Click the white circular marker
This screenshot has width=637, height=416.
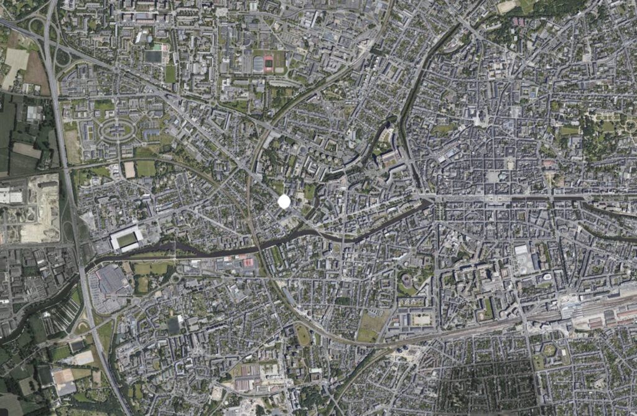284,201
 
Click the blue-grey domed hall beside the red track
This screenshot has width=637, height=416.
258,63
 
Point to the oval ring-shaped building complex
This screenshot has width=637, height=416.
118,130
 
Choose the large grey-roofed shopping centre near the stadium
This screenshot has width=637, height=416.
111,279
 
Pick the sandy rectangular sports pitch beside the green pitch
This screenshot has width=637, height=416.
129,169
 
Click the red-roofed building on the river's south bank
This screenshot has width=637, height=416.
247,263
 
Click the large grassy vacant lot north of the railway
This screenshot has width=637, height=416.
372,324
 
